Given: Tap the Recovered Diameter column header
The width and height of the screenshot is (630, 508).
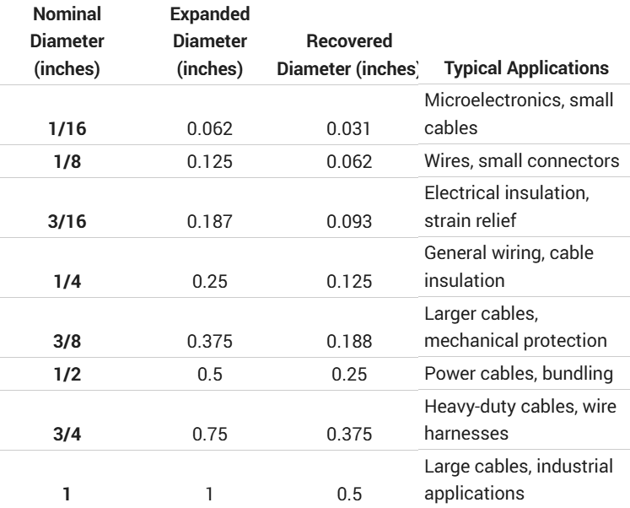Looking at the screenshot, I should pyautogui.click(x=348, y=54).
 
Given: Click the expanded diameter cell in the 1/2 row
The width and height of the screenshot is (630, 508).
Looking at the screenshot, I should pyautogui.click(x=209, y=397).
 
